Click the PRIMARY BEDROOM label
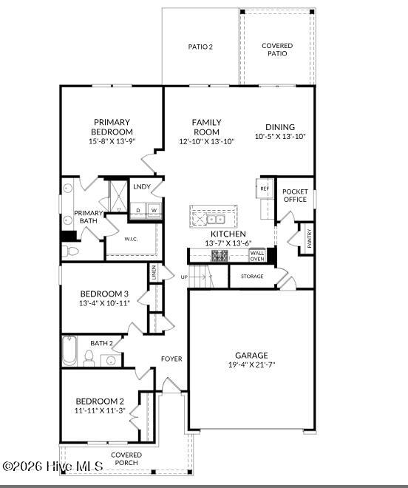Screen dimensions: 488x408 pyautogui.click(x=112, y=127)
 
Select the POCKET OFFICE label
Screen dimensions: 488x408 pyautogui.click(x=295, y=195)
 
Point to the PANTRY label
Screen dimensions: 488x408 pyautogui.click(x=309, y=238)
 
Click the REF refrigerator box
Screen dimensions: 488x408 pyautogui.click(x=264, y=189)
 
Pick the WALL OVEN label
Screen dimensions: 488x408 pyautogui.click(x=256, y=256)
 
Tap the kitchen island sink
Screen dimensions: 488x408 pyautogui.click(x=215, y=219)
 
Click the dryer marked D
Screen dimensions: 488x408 pyautogui.click(x=137, y=210)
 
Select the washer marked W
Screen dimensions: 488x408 pyautogui.click(x=154, y=210)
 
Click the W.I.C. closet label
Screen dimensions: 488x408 pyautogui.click(x=132, y=239)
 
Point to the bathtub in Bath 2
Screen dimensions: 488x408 pyautogui.click(x=69, y=352)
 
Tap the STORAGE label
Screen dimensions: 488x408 pyautogui.click(x=252, y=277)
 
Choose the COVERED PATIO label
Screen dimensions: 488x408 pyautogui.click(x=277, y=50)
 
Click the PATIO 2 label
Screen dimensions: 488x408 pyautogui.click(x=200, y=47)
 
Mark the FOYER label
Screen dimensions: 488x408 pyautogui.click(x=171, y=359)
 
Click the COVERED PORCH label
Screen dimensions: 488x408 pyautogui.click(x=126, y=459)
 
